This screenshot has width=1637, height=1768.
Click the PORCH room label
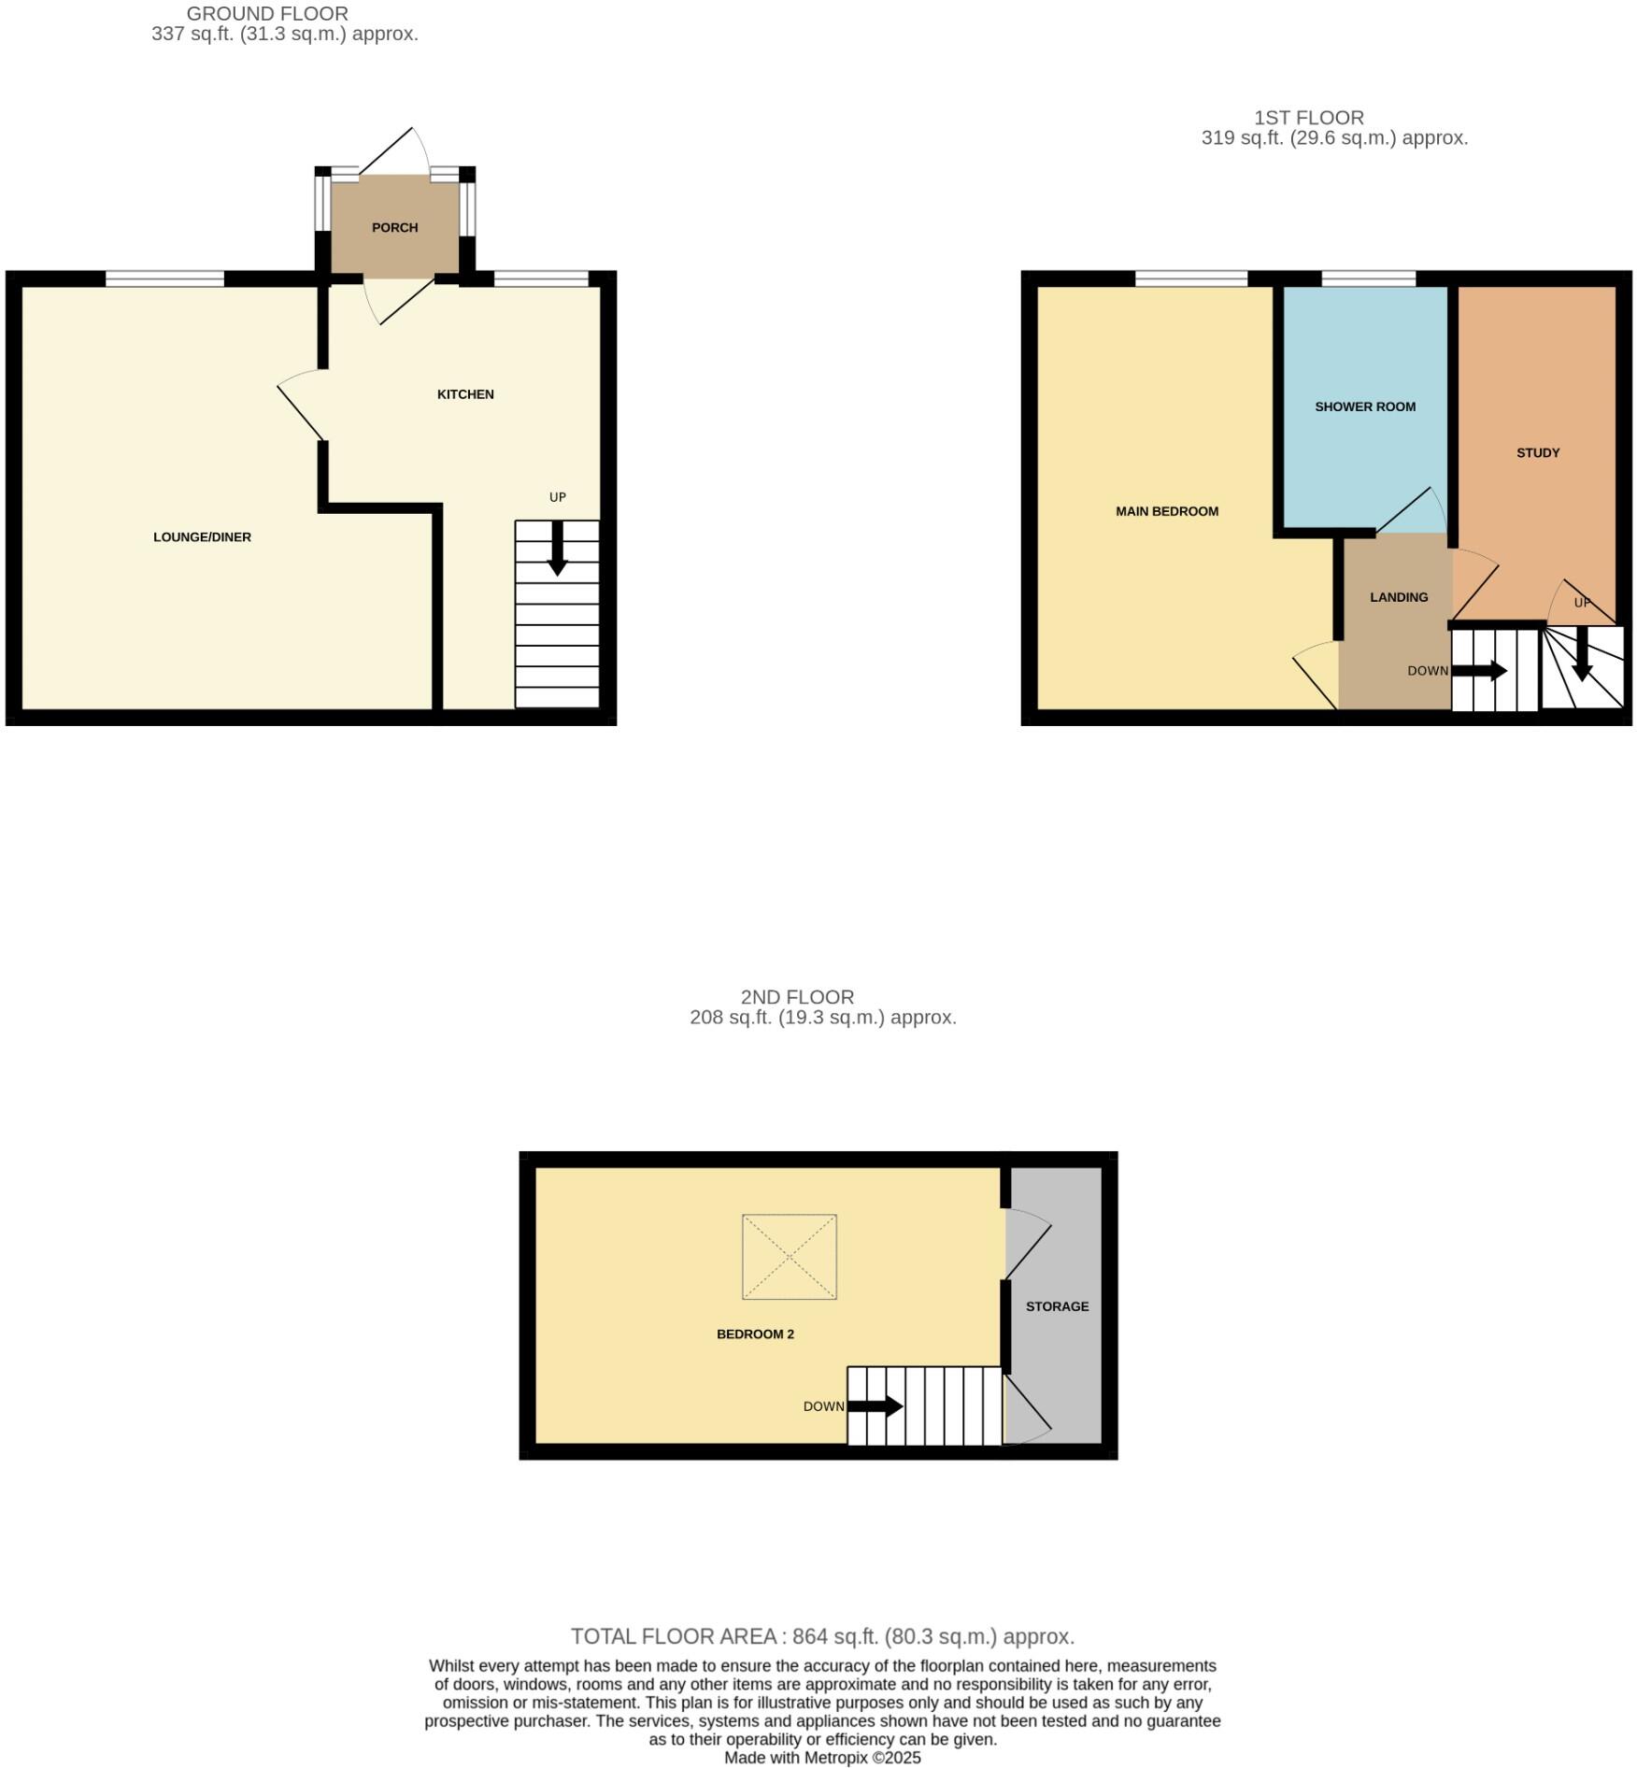[x=394, y=227]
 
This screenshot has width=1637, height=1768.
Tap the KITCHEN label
[x=465, y=394]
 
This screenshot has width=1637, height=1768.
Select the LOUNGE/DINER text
[x=202, y=537]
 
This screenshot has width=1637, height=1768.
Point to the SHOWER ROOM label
[x=1364, y=406]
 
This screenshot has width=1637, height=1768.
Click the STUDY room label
[x=1537, y=452]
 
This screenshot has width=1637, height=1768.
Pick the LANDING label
[x=1398, y=597]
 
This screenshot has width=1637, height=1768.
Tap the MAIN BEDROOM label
[x=1166, y=511]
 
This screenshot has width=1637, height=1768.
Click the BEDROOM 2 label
[x=755, y=1333]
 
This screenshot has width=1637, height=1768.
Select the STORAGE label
[x=1057, y=1306]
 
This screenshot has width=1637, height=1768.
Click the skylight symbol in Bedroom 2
[x=789, y=1257]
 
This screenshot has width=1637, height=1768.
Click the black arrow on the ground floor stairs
[x=557, y=549]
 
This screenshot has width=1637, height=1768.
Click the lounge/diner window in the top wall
[x=164, y=278]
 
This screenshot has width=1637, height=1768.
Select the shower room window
[x=1368, y=278]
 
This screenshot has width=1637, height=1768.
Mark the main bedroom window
[x=1190, y=278]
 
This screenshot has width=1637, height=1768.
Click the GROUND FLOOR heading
[x=267, y=14]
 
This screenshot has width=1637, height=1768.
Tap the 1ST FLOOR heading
[x=1308, y=118]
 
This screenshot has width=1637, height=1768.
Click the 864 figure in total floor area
[x=808, y=1636]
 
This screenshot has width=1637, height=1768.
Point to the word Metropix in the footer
[x=835, y=1757]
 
